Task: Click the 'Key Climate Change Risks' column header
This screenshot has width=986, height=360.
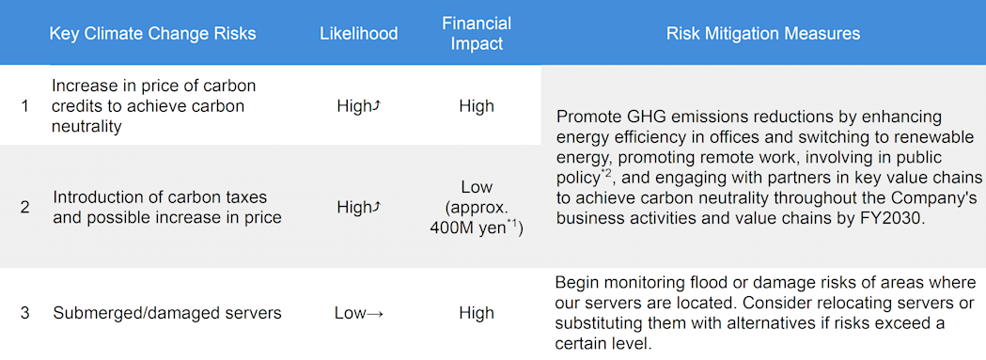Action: point(152,34)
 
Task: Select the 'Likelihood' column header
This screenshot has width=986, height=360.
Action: point(358,34)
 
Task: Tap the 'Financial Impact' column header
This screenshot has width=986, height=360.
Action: point(477,34)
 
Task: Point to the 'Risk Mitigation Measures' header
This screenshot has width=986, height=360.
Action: point(762,34)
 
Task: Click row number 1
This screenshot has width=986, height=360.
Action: point(24,105)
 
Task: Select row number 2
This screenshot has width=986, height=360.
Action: point(24,207)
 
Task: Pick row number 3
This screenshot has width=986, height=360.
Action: point(24,313)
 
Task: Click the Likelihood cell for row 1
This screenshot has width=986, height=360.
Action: point(358,106)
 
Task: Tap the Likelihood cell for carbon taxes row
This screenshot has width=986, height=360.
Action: point(358,208)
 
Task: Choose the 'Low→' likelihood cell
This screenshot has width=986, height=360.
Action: point(358,314)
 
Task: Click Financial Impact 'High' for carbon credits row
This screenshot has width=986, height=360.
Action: point(477,106)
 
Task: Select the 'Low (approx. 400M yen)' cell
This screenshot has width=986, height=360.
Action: point(477,208)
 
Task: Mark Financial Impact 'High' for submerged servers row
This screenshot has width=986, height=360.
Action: point(477,314)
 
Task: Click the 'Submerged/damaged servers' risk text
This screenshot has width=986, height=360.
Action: point(167,314)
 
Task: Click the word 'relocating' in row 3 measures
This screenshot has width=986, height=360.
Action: point(830,304)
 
